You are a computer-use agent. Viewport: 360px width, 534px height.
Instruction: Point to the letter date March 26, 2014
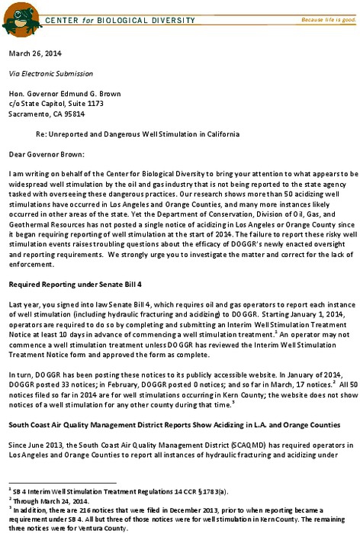34,54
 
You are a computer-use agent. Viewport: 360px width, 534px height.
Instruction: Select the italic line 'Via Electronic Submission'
51,74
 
